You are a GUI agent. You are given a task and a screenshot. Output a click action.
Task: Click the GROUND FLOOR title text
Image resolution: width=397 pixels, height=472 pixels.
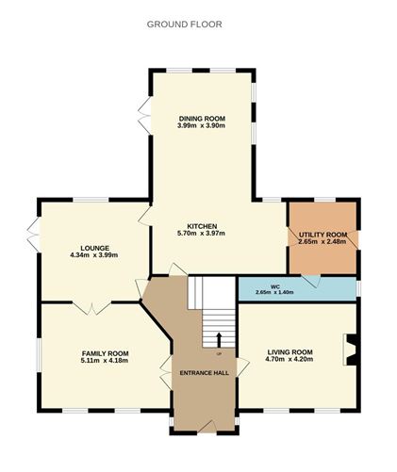pyautogui.click(x=185, y=24)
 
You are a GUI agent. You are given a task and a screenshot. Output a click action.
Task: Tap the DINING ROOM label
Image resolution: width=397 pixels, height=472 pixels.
pyautogui.click(x=203, y=119)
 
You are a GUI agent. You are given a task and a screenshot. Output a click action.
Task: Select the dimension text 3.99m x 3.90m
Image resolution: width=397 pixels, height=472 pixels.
pyautogui.click(x=203, y=127)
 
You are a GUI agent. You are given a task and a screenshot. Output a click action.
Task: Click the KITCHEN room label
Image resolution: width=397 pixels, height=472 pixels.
pyautogui.click(x=203, y=226)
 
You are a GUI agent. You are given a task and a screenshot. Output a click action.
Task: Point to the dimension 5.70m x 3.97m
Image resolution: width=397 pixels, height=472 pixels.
pyautogui.click(x=203, y=235)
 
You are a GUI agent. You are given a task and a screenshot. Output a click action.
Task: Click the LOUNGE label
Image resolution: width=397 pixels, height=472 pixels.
pyautogui.click(x=92, y=247)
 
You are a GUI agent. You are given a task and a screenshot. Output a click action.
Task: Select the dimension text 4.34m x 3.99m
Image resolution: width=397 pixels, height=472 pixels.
pyautogui.click(x=92, y=255)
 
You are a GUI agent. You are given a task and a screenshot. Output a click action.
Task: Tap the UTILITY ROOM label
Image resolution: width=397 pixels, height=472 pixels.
pyautogui.click(x=323, y=234)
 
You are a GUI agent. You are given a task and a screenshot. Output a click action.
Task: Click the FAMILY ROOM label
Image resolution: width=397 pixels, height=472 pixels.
pyautogui.click(x=106, y=353)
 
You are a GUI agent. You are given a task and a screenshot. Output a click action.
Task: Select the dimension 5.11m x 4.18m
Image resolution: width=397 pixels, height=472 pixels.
pyautogui.click(x=106, y=362)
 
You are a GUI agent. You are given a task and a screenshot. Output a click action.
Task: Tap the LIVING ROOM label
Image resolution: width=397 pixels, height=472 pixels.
pyautogui.click(x=289, y=352)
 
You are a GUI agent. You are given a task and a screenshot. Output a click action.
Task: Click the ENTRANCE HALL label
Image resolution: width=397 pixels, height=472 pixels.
pyautogui.click(x=205, y=373)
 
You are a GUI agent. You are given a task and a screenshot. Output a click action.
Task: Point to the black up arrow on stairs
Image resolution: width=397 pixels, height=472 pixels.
pyautogui.click(x=220, y=338)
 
